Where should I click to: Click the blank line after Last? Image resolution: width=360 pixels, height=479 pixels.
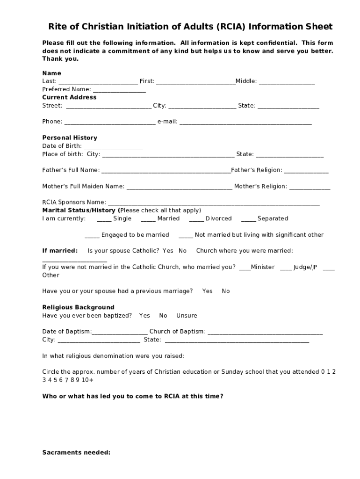point(98,82)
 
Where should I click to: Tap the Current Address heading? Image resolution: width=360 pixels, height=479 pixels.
point(69,97)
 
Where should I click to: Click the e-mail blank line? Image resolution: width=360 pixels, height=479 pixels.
point(245,123)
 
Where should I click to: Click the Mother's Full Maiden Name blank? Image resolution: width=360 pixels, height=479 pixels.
point(179,187)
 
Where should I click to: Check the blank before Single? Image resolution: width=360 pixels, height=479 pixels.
point(104,219)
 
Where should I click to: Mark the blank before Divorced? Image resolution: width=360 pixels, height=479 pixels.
point(196,219)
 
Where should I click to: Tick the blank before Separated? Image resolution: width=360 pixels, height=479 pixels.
point(248,219)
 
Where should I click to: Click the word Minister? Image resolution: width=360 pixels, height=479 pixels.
point(263,267)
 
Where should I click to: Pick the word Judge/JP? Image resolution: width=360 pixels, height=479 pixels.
point(305,267)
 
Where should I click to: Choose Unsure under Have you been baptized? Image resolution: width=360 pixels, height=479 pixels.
point(187,315)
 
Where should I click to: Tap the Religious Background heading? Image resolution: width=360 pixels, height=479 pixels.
point(78,307)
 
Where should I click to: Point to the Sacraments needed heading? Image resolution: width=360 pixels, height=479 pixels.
point(76,452)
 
